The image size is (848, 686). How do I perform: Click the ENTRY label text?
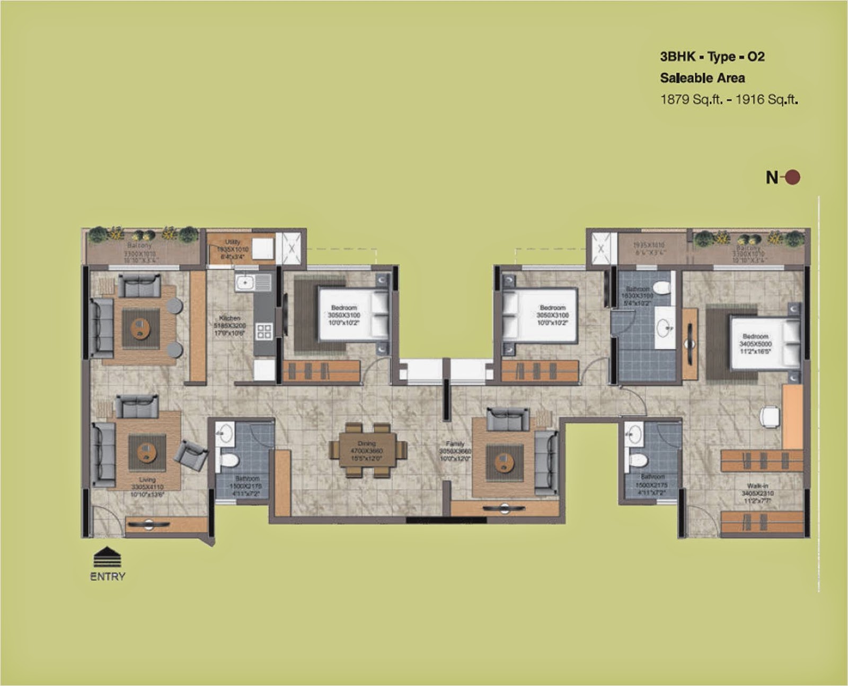point(108,576)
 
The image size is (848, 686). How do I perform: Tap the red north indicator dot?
point(792,177)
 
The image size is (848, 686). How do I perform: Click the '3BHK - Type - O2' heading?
point(712,57)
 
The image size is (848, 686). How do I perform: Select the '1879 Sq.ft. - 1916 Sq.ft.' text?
point(729,99)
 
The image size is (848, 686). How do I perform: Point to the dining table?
point(367,450)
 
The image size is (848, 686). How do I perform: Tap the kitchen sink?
point(245,282)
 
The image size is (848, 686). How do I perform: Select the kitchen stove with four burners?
point(264,332)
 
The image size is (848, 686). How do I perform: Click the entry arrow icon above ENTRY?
point(107,557)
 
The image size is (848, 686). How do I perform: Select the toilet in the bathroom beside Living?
point(228,459)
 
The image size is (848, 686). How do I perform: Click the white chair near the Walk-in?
point(770,416)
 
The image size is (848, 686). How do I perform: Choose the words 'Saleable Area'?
point(702,78)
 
